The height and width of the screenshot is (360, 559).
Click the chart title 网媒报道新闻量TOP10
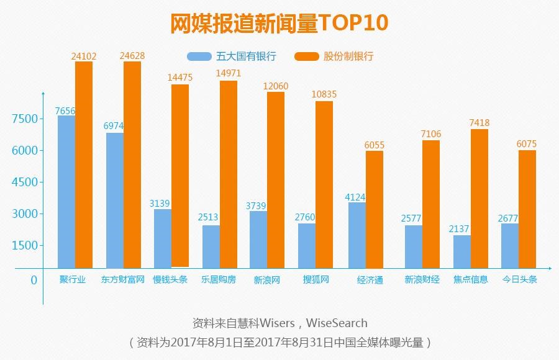[x=279, y=23]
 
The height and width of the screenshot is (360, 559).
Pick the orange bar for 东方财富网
[x=132, y=164]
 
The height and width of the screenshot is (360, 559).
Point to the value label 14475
[x=180, y=78]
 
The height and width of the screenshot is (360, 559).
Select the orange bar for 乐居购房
[x=228, y=174]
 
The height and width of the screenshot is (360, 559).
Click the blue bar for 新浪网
[x=258, y=239]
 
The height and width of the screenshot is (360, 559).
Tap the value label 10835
[x=324, y=94]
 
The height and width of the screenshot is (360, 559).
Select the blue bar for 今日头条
[x=510, y=245]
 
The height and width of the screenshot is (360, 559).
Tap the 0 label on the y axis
[x=34, y=280]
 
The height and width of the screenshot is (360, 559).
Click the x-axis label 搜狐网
[x=315, y=280]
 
